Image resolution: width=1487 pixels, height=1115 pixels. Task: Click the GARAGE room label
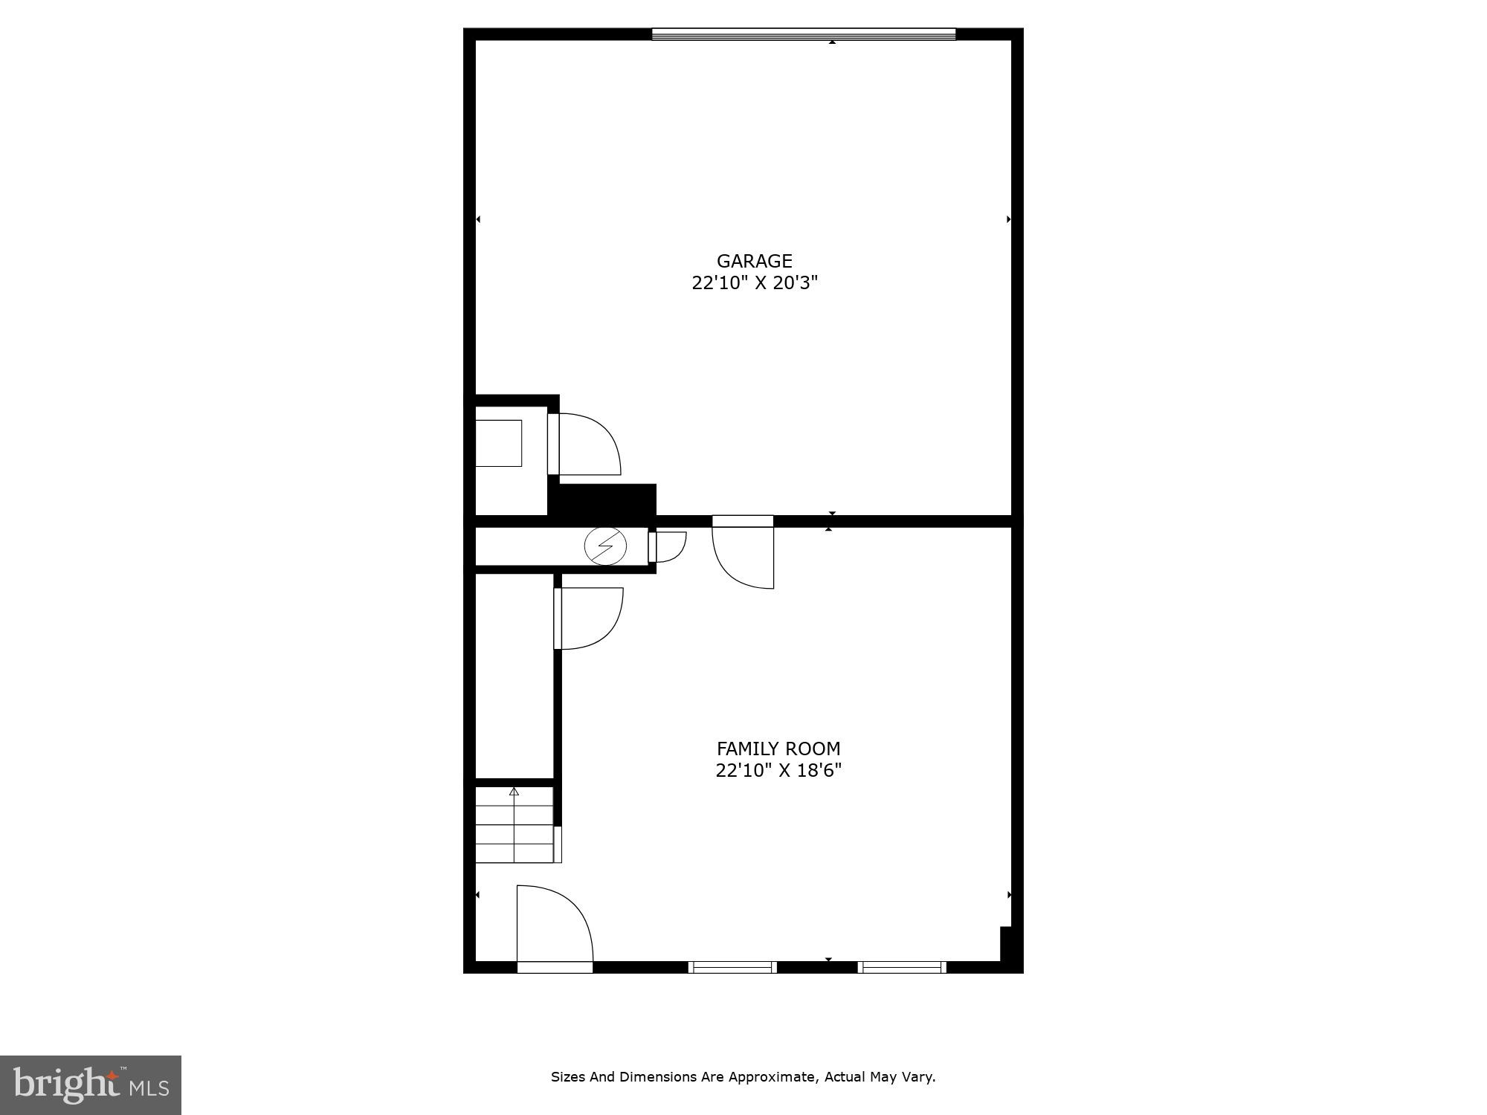click(754, 261)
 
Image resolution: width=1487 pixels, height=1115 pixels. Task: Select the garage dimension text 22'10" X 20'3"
click(754, 283)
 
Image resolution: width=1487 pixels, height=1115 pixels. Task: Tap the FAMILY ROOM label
click(778, 749)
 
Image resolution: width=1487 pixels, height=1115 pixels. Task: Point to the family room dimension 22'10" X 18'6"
click(778, 770)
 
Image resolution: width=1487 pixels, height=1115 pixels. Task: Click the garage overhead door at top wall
click(803, 33)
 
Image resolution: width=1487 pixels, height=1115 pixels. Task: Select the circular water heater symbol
click(605, 546)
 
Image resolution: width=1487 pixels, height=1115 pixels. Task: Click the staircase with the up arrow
click(515, 824)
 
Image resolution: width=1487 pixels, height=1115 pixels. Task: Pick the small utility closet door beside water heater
click(667, 546)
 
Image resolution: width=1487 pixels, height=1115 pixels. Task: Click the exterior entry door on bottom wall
click(555, 926)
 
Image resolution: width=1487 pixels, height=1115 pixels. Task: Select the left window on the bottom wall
click(732, 967)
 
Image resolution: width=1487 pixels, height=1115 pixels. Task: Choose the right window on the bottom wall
click(902, 967)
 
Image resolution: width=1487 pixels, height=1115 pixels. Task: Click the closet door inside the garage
click(584, 444)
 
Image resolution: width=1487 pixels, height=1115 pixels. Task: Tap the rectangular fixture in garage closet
click(498, 443)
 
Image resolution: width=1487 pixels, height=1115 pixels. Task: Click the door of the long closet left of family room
click(589, 618)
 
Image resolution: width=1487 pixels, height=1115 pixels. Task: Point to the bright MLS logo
click(91, 1085)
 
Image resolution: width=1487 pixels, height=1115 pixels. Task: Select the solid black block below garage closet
click(602, 500)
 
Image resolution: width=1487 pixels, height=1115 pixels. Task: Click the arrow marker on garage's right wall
click(1008, 219)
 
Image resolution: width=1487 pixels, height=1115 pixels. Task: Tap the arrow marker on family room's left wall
click(478, 895)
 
